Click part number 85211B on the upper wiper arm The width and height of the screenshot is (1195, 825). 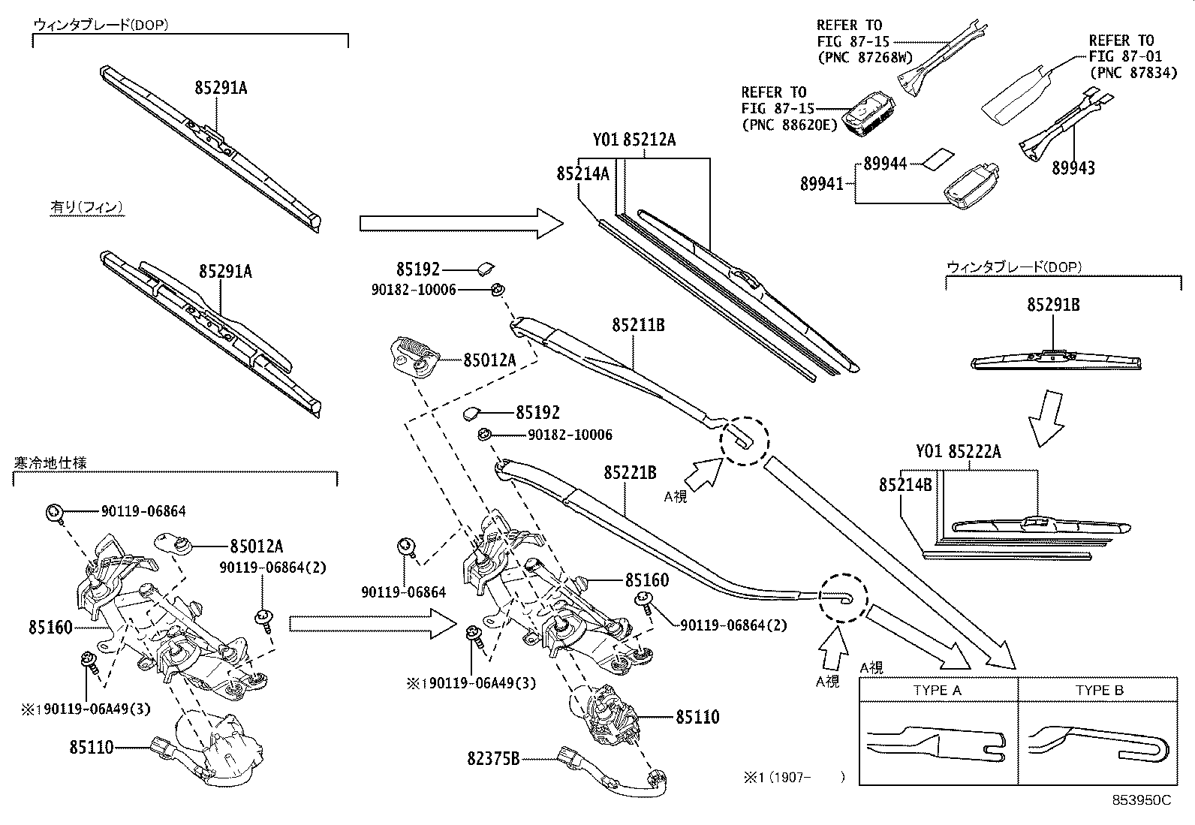(x=639, y=325)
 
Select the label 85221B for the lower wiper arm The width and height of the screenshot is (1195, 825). (x=630, y=473)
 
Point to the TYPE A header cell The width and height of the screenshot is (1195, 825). (x=938, y=691)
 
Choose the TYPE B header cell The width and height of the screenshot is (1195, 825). (x=1099, y=691)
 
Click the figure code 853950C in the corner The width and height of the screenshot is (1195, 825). (x=1141, y=800)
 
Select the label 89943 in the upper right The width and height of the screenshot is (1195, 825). (x=1073, y=168)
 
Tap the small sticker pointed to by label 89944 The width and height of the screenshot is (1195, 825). (x=938, y=158)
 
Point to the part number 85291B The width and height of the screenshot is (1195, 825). (x=1053, y=306)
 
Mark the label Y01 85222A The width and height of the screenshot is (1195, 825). (x=958, y=452)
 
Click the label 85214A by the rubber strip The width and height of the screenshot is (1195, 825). (x=582, y=173)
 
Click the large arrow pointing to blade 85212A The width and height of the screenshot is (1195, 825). (x=461, y=223)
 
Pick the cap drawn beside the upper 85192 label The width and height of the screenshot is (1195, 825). (x=486, y=267)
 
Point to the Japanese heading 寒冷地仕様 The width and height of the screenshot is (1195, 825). (x=50, y=462)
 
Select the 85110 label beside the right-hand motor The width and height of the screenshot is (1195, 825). (x=697, y=717)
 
